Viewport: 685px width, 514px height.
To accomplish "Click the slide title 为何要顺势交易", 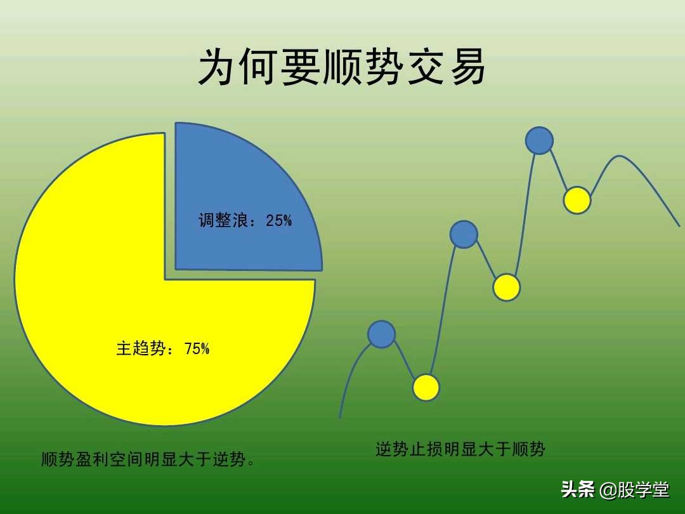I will point(342,67).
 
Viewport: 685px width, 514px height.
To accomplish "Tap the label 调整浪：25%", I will point(245,221).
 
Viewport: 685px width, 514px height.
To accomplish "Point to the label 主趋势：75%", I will point(162,348).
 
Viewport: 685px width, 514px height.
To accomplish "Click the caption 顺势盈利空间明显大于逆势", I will point(148,459).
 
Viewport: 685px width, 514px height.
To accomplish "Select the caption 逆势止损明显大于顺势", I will point(460,450).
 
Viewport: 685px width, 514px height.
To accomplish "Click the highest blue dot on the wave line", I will point(539,140).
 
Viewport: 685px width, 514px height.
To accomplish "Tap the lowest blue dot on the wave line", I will point(381,334).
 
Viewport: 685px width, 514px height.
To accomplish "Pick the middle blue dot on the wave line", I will point(464,234).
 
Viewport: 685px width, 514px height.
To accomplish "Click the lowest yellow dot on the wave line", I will point(426,387).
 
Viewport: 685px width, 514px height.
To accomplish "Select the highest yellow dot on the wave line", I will point(577,200).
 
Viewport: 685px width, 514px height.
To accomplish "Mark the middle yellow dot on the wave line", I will point(506,287).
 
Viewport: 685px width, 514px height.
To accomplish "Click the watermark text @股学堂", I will point(634,489).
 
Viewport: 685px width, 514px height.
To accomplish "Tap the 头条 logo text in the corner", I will point(577,489).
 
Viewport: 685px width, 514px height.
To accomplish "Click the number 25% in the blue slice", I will point(279,221).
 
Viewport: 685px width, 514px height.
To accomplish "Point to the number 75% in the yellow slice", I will point(197,348).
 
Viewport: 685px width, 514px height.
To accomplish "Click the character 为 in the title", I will point(218,67).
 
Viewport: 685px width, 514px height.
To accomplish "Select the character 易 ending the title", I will point(467,67).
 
